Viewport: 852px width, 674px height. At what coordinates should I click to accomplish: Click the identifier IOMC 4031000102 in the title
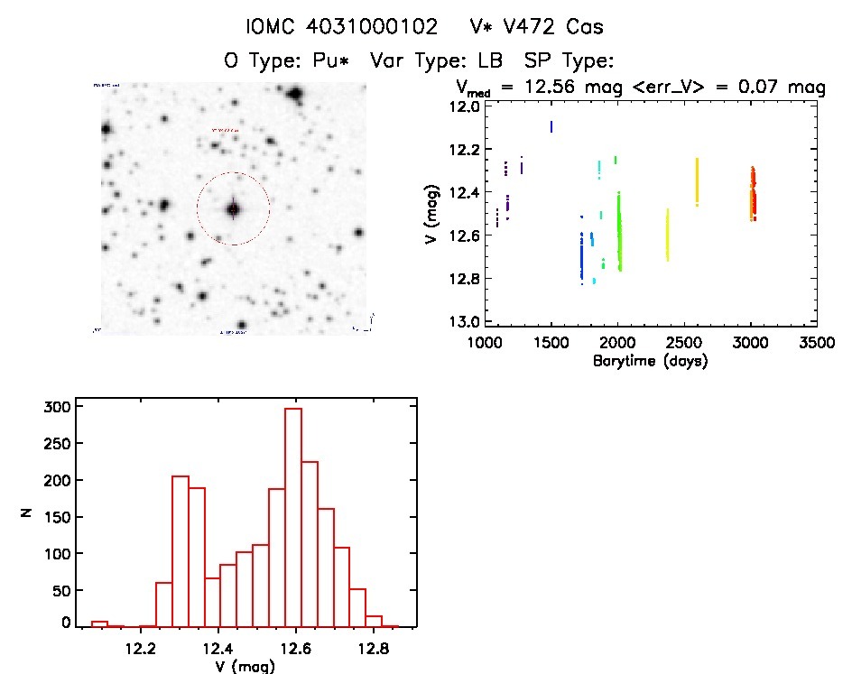pos(343,26)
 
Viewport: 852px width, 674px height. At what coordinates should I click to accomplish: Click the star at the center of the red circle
pos(233,208)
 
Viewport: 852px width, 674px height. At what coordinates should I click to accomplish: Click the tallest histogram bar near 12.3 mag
pos(180,550)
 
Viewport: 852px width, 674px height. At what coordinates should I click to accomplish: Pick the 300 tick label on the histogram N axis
pos(56,407)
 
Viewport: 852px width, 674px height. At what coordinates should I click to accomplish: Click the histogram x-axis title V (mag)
pos(245,666)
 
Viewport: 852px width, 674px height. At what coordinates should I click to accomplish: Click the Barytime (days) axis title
pos(650,361)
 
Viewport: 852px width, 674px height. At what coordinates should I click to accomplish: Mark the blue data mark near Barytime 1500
pos(551,126)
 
